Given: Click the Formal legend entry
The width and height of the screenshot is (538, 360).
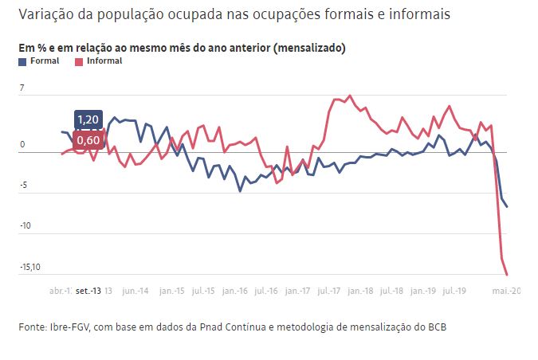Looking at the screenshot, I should tap(44, 61).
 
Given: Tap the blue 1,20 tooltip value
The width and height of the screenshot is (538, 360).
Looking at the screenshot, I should tap(88, 120).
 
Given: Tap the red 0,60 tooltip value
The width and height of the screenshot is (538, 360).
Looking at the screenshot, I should tap(88, 140).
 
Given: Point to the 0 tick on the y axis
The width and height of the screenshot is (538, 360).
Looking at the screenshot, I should tap(23, 145).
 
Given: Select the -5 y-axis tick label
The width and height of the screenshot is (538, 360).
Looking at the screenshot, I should tap(24, 186).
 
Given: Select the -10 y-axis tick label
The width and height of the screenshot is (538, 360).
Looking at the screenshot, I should tap(26, 226).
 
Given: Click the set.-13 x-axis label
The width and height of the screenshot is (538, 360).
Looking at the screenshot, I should tap(88, 291).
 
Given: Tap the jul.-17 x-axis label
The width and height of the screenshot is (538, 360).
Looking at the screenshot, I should tap(330, 291).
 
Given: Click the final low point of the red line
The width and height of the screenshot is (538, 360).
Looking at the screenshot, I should tap(508, 275).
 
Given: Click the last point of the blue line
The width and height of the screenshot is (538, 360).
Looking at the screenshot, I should tap(508, 207).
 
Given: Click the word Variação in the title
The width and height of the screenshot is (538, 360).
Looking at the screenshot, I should tap(45, 14).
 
